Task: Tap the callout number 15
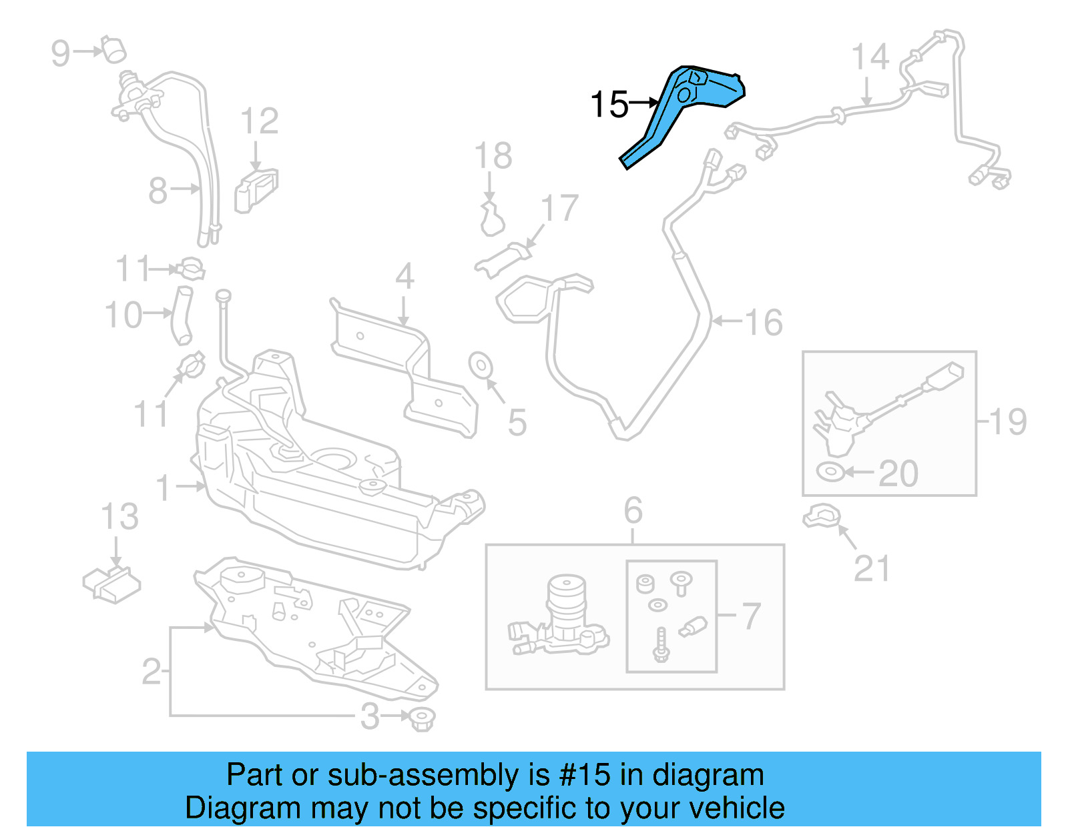click(609, 105)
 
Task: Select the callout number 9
click(60, 53)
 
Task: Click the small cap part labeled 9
click(114, 49)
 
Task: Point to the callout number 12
click(259, 122)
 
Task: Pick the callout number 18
click(493, 157)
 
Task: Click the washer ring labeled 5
click(481, 365)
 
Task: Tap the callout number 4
click(405, 277)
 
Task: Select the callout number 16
click(763, 323)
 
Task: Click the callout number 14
click(870, 57)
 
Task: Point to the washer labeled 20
click(830, 472)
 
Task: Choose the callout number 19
click(1007, 422)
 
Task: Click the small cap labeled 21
click(821, 516)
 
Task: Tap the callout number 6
click(633, 511)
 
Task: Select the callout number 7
click(752, 616)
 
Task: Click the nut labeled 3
click(422, 718)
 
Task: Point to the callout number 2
click(152, 672)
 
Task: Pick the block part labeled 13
click(112, 584)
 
